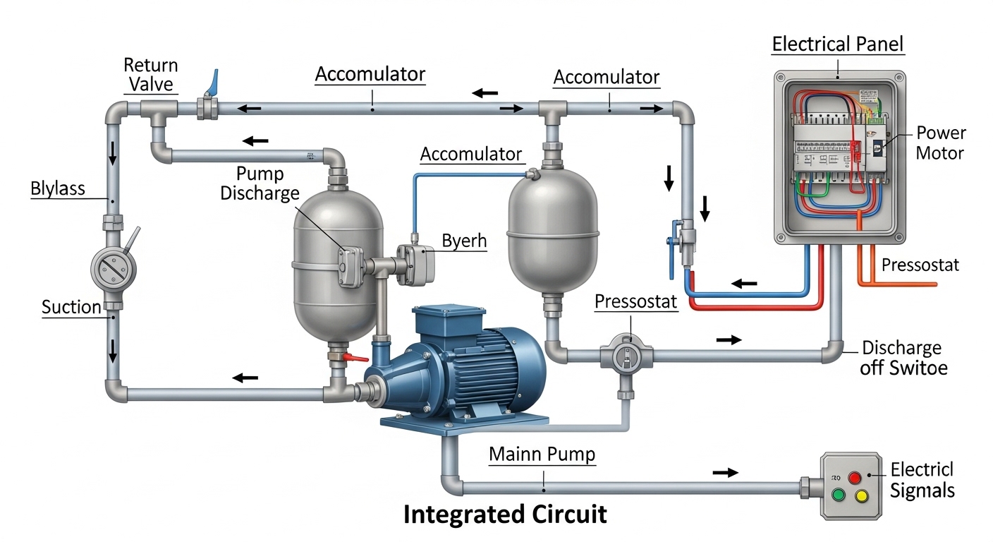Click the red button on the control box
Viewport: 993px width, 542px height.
(855, 477)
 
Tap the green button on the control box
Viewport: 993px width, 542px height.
(838, 495)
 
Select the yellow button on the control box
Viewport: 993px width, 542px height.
(861, 496)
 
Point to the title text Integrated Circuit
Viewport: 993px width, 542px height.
(505, 514)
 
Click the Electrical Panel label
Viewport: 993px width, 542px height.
(837, 45)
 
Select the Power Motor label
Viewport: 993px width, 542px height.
(941, 143)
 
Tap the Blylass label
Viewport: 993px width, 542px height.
(58, 188)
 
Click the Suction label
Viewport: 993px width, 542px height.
(71, 307)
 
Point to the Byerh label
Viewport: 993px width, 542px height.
(464, 241)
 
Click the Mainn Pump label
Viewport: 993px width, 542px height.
(542, 455)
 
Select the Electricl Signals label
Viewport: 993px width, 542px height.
(922, 480)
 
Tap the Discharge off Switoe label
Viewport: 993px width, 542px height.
(903, 358)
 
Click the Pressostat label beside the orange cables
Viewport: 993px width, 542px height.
(920, 265)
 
